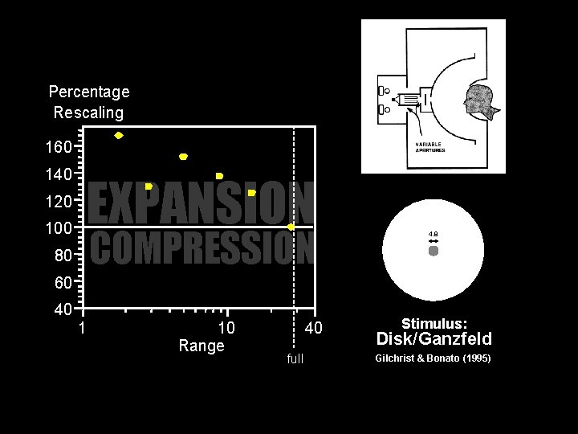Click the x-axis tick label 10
226,328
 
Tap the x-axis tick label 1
82,328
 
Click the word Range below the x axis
201,346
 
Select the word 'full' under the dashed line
295,358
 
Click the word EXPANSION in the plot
201,203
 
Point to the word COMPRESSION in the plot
201,248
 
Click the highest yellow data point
119,136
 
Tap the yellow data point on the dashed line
291,227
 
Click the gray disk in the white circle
433,251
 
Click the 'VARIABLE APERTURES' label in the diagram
430,147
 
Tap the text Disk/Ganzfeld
433,339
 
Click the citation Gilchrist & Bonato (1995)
433,358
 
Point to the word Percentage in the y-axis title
89,92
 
